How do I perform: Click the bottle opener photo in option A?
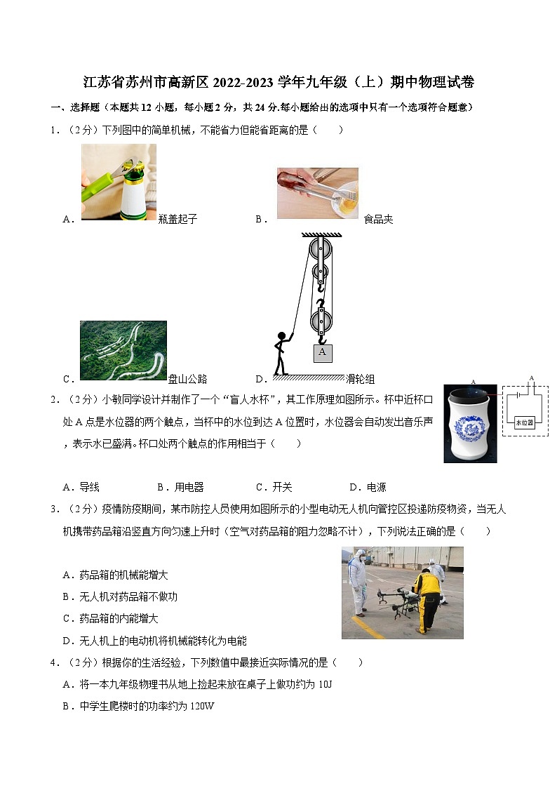119,182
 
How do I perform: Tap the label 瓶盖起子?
178,219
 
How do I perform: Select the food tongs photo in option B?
317,193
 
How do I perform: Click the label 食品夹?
378,219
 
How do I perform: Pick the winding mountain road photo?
123,350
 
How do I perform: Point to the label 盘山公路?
188,379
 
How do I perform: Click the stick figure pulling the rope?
281,353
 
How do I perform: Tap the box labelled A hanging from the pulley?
322,352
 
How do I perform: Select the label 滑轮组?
361,379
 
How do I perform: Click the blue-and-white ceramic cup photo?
470,423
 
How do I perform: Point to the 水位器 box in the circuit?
524,422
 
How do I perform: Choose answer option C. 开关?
274,487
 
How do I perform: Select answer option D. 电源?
368,487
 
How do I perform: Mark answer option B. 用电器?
181,487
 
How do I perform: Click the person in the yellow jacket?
425,598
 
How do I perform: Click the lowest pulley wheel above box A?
321,321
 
